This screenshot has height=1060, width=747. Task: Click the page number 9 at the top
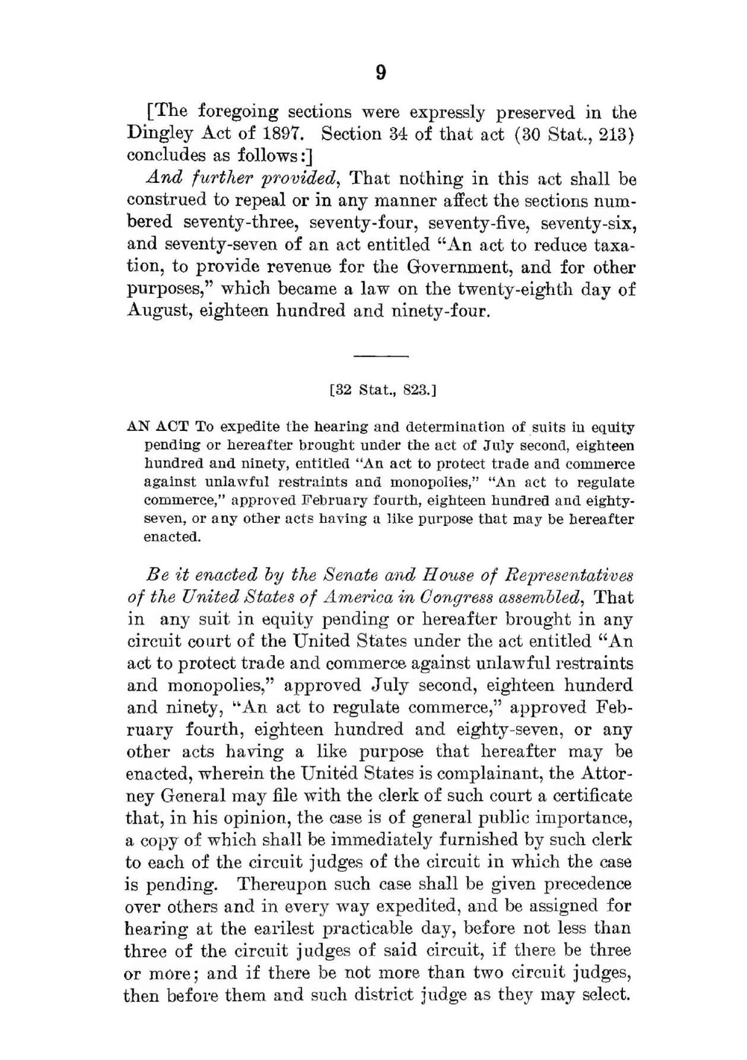380,72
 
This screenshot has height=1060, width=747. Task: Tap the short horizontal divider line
380,356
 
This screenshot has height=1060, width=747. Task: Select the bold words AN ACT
158,427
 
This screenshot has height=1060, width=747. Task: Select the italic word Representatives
568,575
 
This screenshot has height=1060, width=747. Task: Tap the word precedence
587,884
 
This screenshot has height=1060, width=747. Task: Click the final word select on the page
606,995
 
